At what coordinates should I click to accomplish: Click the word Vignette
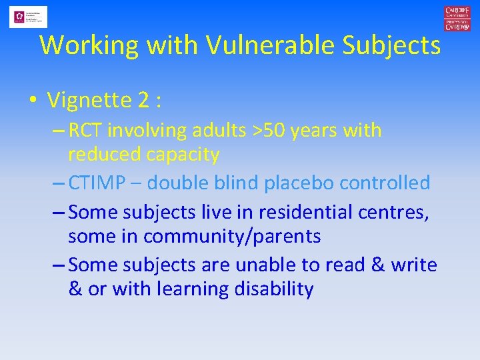[x=89, y=100]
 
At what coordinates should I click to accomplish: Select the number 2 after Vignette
[x=143, y=100]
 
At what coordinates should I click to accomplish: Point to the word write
[x=413, y=265]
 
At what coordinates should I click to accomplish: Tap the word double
[x=179, y=183]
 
